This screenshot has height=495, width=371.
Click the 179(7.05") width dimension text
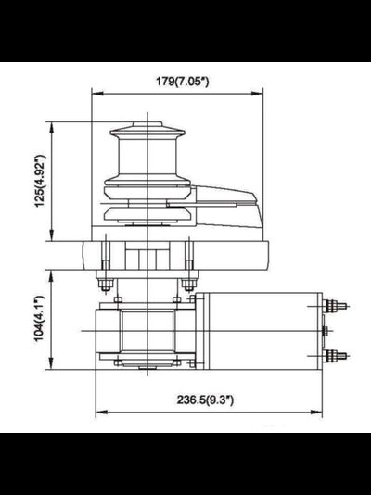click(177, 81)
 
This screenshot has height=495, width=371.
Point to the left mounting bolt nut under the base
click(106, 282)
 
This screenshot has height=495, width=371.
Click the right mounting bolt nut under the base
click(189, 282)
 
